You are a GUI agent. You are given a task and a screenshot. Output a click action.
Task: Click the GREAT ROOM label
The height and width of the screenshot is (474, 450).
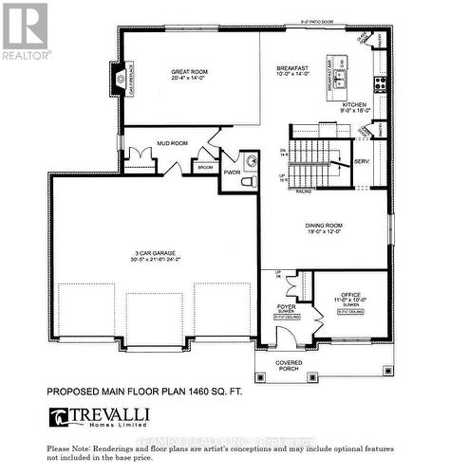[x=191, y=72]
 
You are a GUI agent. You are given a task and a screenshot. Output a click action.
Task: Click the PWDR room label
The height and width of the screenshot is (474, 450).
[x=232, y=173]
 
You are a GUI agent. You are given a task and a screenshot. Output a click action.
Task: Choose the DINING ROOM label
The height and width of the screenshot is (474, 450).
[x=326, y=226]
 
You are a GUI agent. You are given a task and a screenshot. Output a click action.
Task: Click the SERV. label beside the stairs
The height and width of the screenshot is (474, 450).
[x=362, y=162]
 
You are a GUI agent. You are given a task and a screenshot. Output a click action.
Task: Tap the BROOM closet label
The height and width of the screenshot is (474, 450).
[x=204, y=167]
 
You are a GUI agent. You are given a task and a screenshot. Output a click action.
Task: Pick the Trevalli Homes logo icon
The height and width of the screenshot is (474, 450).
[x=58, y=416]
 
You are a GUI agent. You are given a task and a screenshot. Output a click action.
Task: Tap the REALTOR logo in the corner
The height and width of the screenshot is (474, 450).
[x=25, y=31]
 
